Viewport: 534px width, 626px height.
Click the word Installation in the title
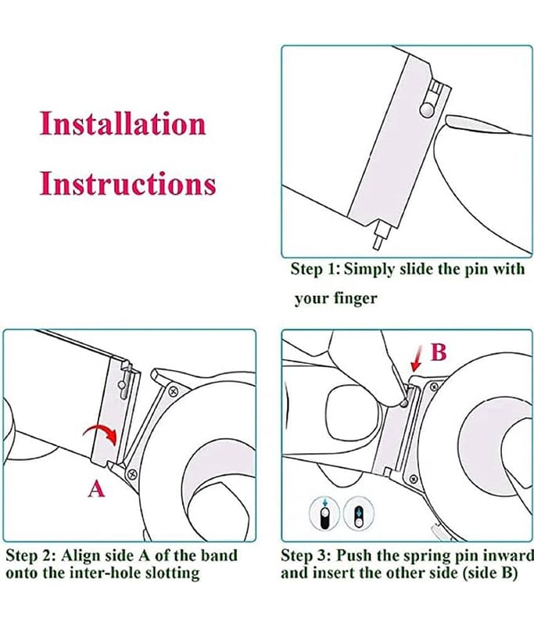pyautogui.click(x=123, y=124)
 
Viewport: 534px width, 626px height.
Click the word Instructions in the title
pyautogui.click(x=127, y=184)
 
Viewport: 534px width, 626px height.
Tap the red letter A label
pyautogui.click(x=95, y=489)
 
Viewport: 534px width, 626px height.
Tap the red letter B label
pyautogui.click(x=439, y=353)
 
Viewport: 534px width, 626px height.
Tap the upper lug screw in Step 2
pyautogui.click(x=174, y=390)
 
